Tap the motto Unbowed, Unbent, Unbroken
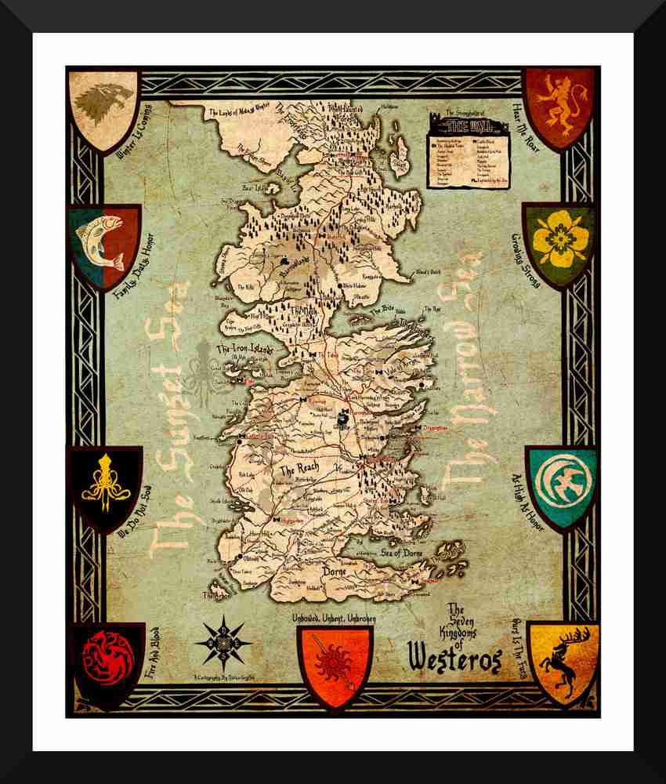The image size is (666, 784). click(x=334, y=619)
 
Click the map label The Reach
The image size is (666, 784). click(x=299, y=470)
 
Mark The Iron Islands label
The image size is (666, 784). click(x=244, y=349)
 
